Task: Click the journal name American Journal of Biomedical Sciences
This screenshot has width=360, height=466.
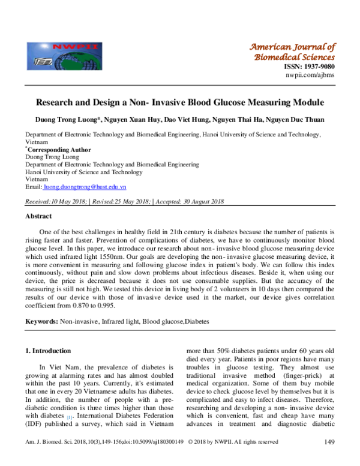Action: (x=292, y=52)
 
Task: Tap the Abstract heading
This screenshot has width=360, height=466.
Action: (x=38, y=216)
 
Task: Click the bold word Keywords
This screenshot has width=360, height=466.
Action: (x=41, y=322)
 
